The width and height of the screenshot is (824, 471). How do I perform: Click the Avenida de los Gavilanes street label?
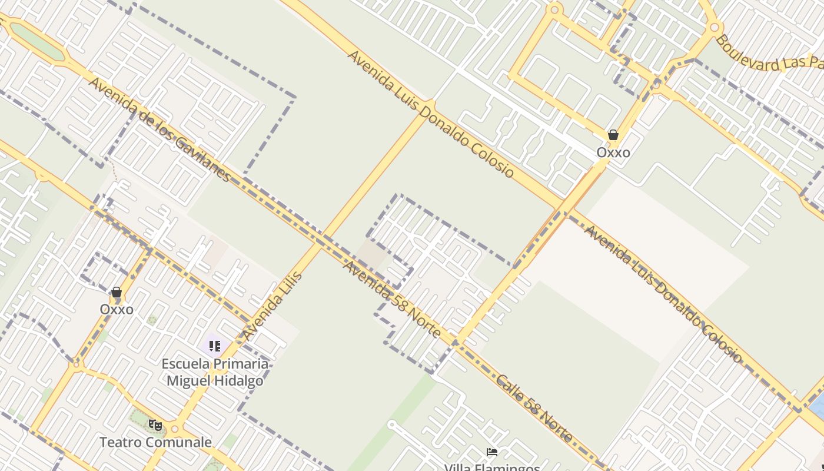pyautogui.click(x=159, y=130)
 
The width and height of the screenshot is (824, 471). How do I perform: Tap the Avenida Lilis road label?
pyautogui.click(x=273, y=306)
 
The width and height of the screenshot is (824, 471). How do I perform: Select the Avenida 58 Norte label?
pyautogui.click(x=391, y=299)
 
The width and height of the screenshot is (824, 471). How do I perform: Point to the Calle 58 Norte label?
pyautogui.click(x=534, y=409)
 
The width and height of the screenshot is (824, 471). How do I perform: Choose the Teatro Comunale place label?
pyautogui.click(x=155, y=442)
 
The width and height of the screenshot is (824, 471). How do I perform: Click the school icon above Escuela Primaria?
pyautogui.click(x=214, y=346)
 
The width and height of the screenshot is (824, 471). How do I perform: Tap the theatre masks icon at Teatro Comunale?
pyautogui.click(x=155, y=424)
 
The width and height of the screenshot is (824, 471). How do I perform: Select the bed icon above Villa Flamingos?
pyautogui.click(x=492, y=452)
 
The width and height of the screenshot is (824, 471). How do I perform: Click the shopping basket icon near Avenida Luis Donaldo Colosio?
pyautogui.click(x=613, y=135)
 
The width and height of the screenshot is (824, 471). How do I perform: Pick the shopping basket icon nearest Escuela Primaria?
pyautogui.click(x=117, y=292)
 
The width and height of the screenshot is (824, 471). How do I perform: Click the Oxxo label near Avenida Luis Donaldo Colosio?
pyautogui.click(x=613, y=152)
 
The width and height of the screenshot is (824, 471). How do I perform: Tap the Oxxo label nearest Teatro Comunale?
pyautogui.click(x=117, y=310)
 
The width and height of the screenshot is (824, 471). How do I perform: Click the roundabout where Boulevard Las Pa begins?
pyautogui.click(x=715, y=27)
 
